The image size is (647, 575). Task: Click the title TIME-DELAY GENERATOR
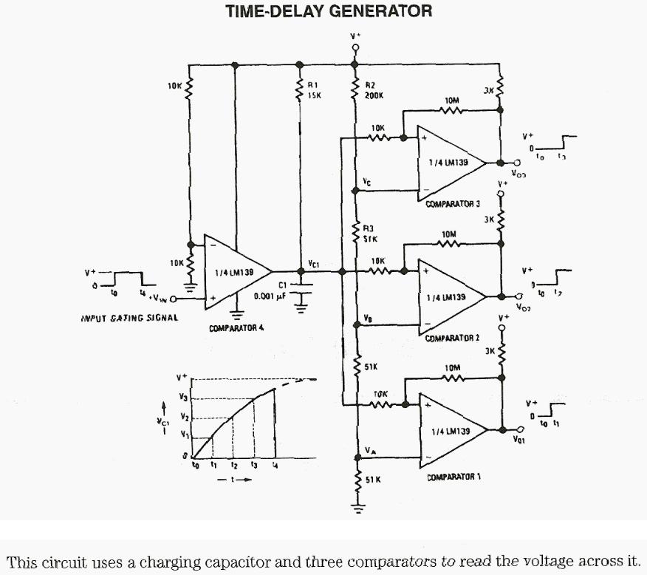point(329,12)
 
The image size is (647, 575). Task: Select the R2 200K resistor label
point(371,91)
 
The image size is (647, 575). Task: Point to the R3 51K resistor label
point(370,234)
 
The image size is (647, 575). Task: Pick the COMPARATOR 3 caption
point(453,203)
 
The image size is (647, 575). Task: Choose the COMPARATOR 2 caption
point(452,338)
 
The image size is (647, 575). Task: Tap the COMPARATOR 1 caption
point(453,477)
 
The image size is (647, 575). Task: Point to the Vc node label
point(367,181)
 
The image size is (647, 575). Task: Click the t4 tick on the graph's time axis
point(275,466)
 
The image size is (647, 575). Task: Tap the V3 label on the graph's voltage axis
point(185,398)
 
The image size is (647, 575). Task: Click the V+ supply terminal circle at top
point(355,47)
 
